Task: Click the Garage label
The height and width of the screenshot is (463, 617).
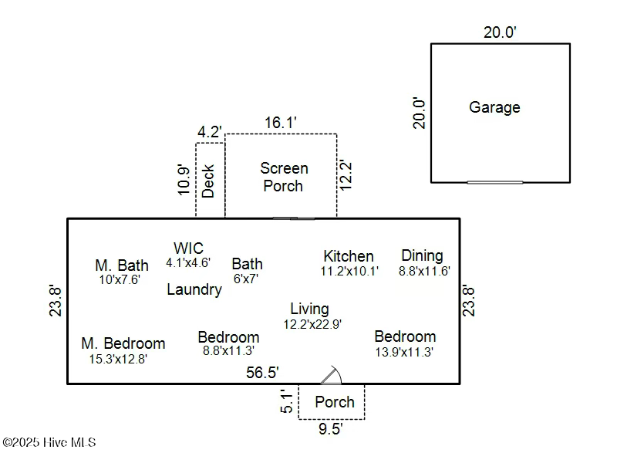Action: [x=494, y=107]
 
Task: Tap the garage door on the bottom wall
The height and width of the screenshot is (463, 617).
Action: [x=494, y=182]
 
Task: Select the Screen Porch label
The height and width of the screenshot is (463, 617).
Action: [x=283, y=177]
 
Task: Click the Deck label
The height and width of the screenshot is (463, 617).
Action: [x=208, y=181]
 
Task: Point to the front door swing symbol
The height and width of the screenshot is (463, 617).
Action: [x=331, y=375]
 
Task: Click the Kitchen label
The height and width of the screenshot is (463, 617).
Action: [x=349, y=255]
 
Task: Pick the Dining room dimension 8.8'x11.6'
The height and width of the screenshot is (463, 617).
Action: [x=423, y=271]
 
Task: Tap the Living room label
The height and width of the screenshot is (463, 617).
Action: [x=309, y=309]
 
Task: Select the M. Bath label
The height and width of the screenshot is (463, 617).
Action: [x=121, y=265]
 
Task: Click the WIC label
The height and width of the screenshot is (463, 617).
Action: [x=188, y=248]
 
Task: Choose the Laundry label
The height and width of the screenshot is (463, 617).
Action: [x=194, y=289]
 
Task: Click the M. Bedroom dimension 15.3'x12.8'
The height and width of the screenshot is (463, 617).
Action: [x=118, y=358]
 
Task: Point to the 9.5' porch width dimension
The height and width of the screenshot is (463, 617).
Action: [x=331, y=429]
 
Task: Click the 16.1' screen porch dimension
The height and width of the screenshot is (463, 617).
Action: [x=281, y=122]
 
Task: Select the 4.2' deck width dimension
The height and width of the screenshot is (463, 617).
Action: [x=210, y=131]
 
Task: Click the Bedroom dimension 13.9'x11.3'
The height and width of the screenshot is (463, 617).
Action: [x=404, y=352]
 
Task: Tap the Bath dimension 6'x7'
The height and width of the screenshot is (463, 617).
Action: [x=245, y=279]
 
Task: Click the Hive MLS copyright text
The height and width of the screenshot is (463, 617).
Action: [x=49, y=442]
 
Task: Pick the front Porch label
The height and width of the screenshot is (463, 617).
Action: [x=335, y=402]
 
